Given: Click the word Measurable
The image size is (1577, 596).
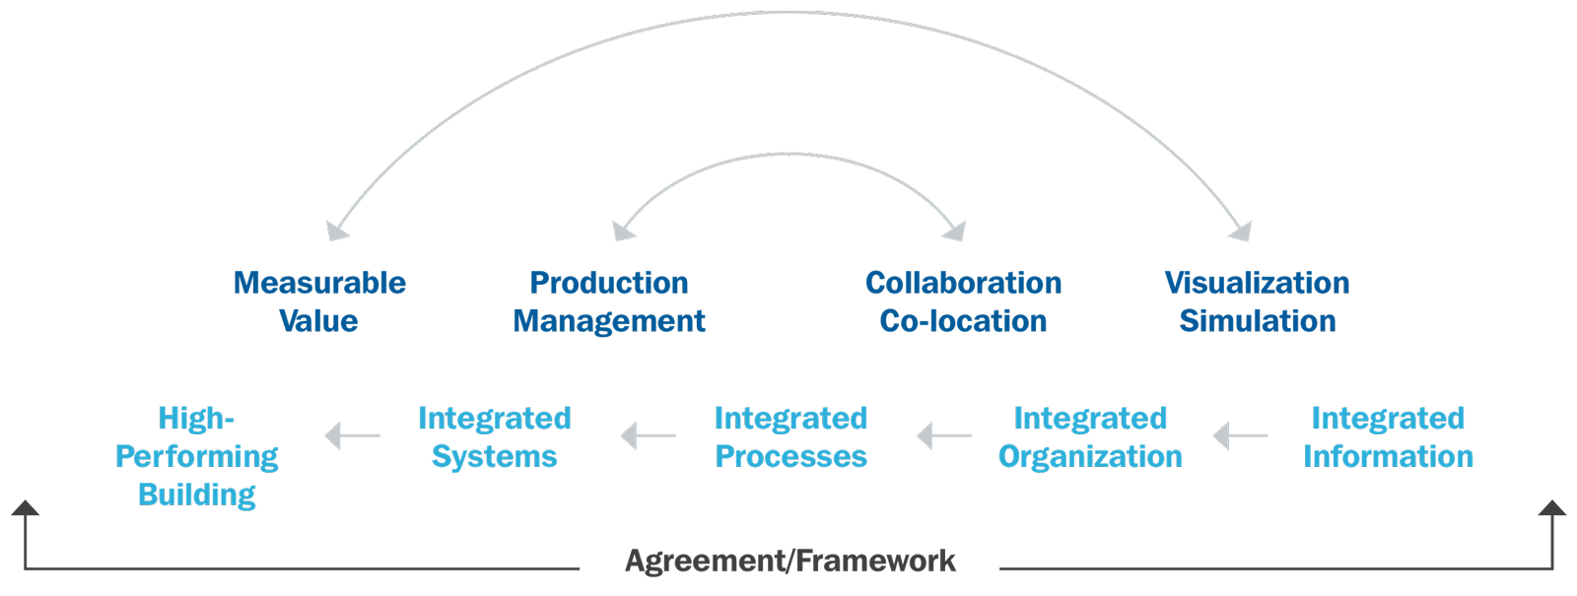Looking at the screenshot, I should pyautogui.click(x=319, y=283).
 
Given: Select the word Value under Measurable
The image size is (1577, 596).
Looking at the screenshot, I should pyautogui.click(x=318, y=321).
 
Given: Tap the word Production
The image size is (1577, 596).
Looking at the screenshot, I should pyautogui.click(x=609, y=283).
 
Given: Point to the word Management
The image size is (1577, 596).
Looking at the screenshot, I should pyautogui.click(x=609, y=321).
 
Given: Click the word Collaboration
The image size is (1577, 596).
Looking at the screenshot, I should pyautogui.click(x=963, y=283).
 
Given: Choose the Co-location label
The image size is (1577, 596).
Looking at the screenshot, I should pyautogui.click(x=963, y=321).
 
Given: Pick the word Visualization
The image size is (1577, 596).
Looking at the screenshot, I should pyautogui.click(x=1257, y=283).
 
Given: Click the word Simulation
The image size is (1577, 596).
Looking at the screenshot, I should pyautogui.click(x=1257, y=321).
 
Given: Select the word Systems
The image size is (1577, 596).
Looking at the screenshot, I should pyautogui.click(x=494, y=457).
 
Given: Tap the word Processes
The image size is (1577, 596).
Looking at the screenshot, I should pyautogui.click(x=791, y=457).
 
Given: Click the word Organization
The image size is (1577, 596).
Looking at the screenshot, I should pyautogui.click(x=1089, y=457).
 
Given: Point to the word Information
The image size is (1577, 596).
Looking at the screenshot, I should pyautogui.click(x=1388, y=457).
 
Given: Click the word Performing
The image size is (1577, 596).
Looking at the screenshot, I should pyautogui.click(x=197, y=457).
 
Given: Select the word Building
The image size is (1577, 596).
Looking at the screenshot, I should pyautogui.click(x=197, y=495).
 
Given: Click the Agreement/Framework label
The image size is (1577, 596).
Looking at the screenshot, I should pyautogui.click(x=790, y=562).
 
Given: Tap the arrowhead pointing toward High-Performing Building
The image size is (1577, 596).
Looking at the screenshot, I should pyautogui.click(x=335, y=435).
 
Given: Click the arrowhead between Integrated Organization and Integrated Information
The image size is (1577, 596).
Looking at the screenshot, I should pyautogui.click(x=1222, y=435).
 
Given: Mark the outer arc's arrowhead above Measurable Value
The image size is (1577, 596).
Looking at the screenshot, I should pyautogui.click(x=336, y=232).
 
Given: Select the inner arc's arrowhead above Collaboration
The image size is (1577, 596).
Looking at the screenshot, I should pyautogui.click(x=953, y=232).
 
